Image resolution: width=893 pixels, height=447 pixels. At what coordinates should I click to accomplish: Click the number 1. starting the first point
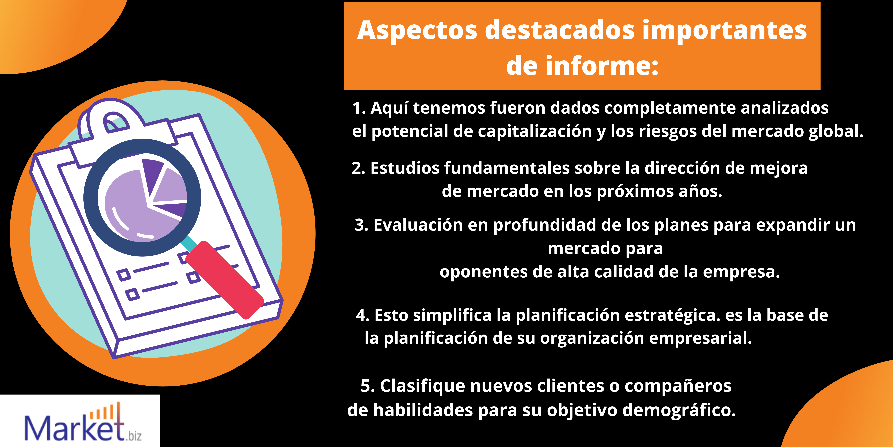(x=359, y=108)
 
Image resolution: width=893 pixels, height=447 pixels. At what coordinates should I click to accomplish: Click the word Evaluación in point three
(x=418, y=225)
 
